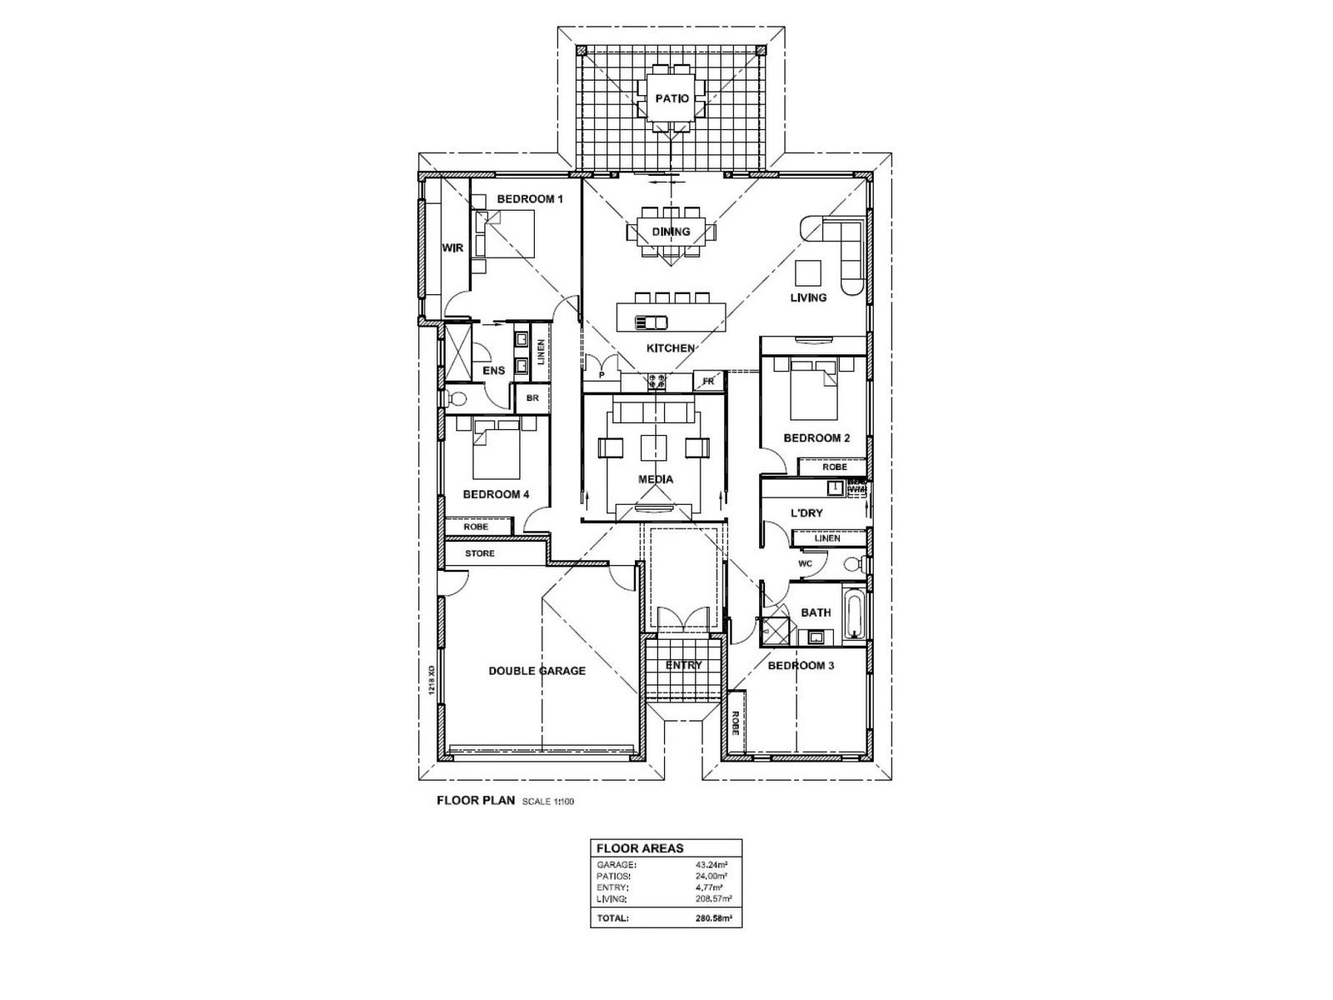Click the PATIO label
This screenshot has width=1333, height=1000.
click(x=671, y=98)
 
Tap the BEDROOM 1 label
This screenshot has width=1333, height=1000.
click(x=530, y=199)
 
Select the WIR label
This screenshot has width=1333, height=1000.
click(x=452, y=247)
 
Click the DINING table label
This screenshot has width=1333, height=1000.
click(x=671, y=232)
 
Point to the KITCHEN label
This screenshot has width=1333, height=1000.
click(x=671, y=347)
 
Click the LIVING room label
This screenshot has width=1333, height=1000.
click(x=808, y=297)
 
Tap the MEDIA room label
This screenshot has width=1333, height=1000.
click(x=656, y=479)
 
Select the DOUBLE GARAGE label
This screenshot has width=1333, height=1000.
click(x=537, y=671)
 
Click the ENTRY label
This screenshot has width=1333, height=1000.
click(x=683, y=665)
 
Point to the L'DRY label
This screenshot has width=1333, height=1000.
click(x=806, y=512)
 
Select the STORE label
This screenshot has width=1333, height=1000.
click(x=480, y=553)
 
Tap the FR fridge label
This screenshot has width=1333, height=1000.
click(x=708, y=382)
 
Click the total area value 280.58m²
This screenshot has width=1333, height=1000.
click(x=713, y=918)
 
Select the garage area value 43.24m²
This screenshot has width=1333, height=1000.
click(x=713, y=864)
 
